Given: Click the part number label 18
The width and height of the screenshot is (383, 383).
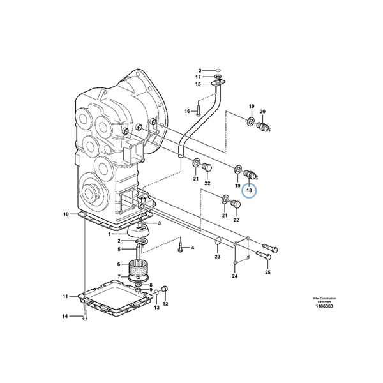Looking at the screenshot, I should click(250, 190).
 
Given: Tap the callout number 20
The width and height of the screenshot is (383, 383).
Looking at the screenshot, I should click(262, 111).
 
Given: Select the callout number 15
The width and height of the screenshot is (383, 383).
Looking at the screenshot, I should click(199, 84).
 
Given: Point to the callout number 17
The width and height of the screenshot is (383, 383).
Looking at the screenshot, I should click(199, 77).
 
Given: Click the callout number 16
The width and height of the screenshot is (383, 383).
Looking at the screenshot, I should click(188, 111).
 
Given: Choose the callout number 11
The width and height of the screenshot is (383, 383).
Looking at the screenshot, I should click(65, 296).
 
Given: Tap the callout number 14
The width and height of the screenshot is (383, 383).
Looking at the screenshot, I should click(64, 317).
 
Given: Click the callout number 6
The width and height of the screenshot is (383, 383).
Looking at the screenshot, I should click(118, 264).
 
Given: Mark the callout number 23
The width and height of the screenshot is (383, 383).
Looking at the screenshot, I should click(217, 257).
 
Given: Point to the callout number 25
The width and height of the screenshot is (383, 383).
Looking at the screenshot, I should click(267, 273).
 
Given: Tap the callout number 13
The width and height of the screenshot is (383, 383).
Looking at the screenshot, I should click(155, 307).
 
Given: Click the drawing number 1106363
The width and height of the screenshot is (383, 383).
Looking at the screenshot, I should click(324, 306).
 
